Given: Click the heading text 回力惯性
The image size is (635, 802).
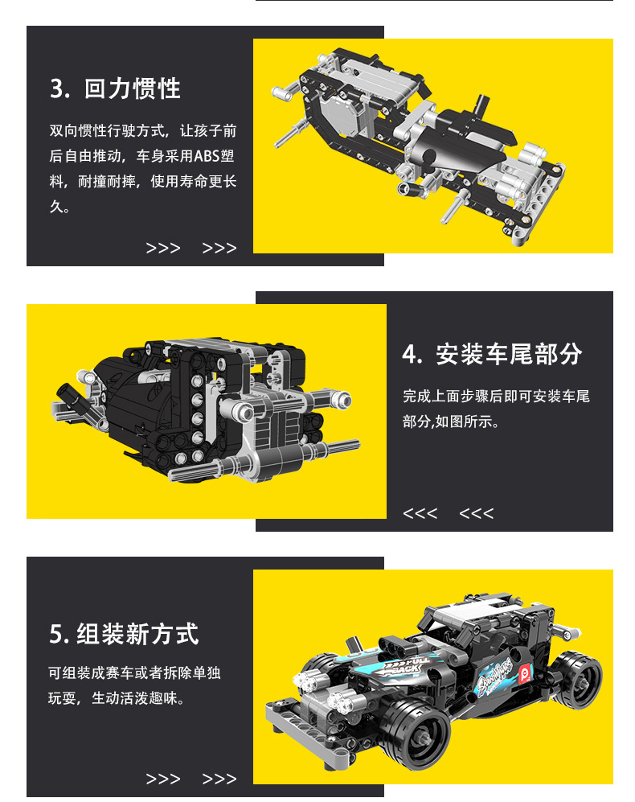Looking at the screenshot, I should click(133, 88).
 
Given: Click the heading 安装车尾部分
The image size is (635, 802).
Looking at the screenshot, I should click(509, 355).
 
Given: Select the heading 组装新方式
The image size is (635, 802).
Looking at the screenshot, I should click(137, 634).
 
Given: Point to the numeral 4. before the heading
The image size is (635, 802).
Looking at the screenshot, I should click(412, 355).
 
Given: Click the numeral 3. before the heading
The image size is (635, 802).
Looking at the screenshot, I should click(60, 88).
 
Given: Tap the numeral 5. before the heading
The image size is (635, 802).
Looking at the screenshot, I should click(59, 635).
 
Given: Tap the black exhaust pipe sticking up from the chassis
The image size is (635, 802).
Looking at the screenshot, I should click(480, 105).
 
